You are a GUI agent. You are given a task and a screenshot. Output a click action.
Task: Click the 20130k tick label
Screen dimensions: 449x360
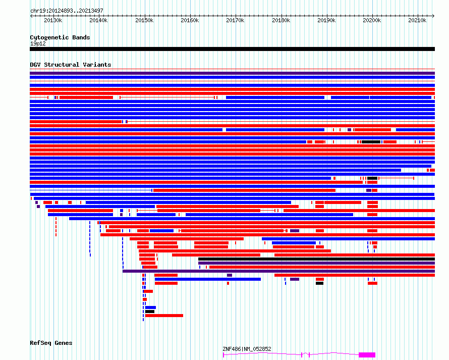(53, 20)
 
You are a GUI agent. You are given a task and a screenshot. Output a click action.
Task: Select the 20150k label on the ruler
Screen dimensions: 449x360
(144, 20)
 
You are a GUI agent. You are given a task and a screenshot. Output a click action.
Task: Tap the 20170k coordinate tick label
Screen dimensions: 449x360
(235, 20)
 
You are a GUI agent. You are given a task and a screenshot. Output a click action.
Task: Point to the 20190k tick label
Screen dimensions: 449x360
(326, 20)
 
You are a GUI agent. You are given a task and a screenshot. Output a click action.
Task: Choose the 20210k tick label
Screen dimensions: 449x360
(417, 20)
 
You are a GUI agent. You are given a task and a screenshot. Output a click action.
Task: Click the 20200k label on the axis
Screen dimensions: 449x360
(372, 20)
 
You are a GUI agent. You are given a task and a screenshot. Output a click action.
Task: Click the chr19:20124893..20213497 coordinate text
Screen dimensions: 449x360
(67, 11)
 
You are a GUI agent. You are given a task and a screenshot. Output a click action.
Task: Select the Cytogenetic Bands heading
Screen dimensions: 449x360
(60, 37)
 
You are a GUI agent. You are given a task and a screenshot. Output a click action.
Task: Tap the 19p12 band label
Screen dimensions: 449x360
(38, 43)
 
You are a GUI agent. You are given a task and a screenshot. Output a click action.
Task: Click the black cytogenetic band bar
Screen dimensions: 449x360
(232, 49)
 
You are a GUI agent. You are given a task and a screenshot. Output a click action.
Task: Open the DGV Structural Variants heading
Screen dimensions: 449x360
(71, 65)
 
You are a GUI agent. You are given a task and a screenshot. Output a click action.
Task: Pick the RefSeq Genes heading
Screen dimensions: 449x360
(51, 343)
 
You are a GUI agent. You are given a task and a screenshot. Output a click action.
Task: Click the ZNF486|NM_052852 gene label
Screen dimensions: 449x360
(247, 349)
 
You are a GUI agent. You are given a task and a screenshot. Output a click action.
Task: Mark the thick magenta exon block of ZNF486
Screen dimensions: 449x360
(367, 355)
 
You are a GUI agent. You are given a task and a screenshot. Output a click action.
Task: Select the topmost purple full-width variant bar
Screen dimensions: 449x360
(232, 73)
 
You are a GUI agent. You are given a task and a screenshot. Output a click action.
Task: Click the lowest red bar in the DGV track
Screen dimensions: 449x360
(164, 316)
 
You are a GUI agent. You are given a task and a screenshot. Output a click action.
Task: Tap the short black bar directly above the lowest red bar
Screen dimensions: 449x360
(150, 312)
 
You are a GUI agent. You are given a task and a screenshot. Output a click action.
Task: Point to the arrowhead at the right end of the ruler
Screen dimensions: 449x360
(433, 16)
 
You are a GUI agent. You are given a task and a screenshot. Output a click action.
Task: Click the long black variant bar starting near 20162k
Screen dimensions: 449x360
(316, 259)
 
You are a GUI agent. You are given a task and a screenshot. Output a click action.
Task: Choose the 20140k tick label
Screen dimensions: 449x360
(98, 20)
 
